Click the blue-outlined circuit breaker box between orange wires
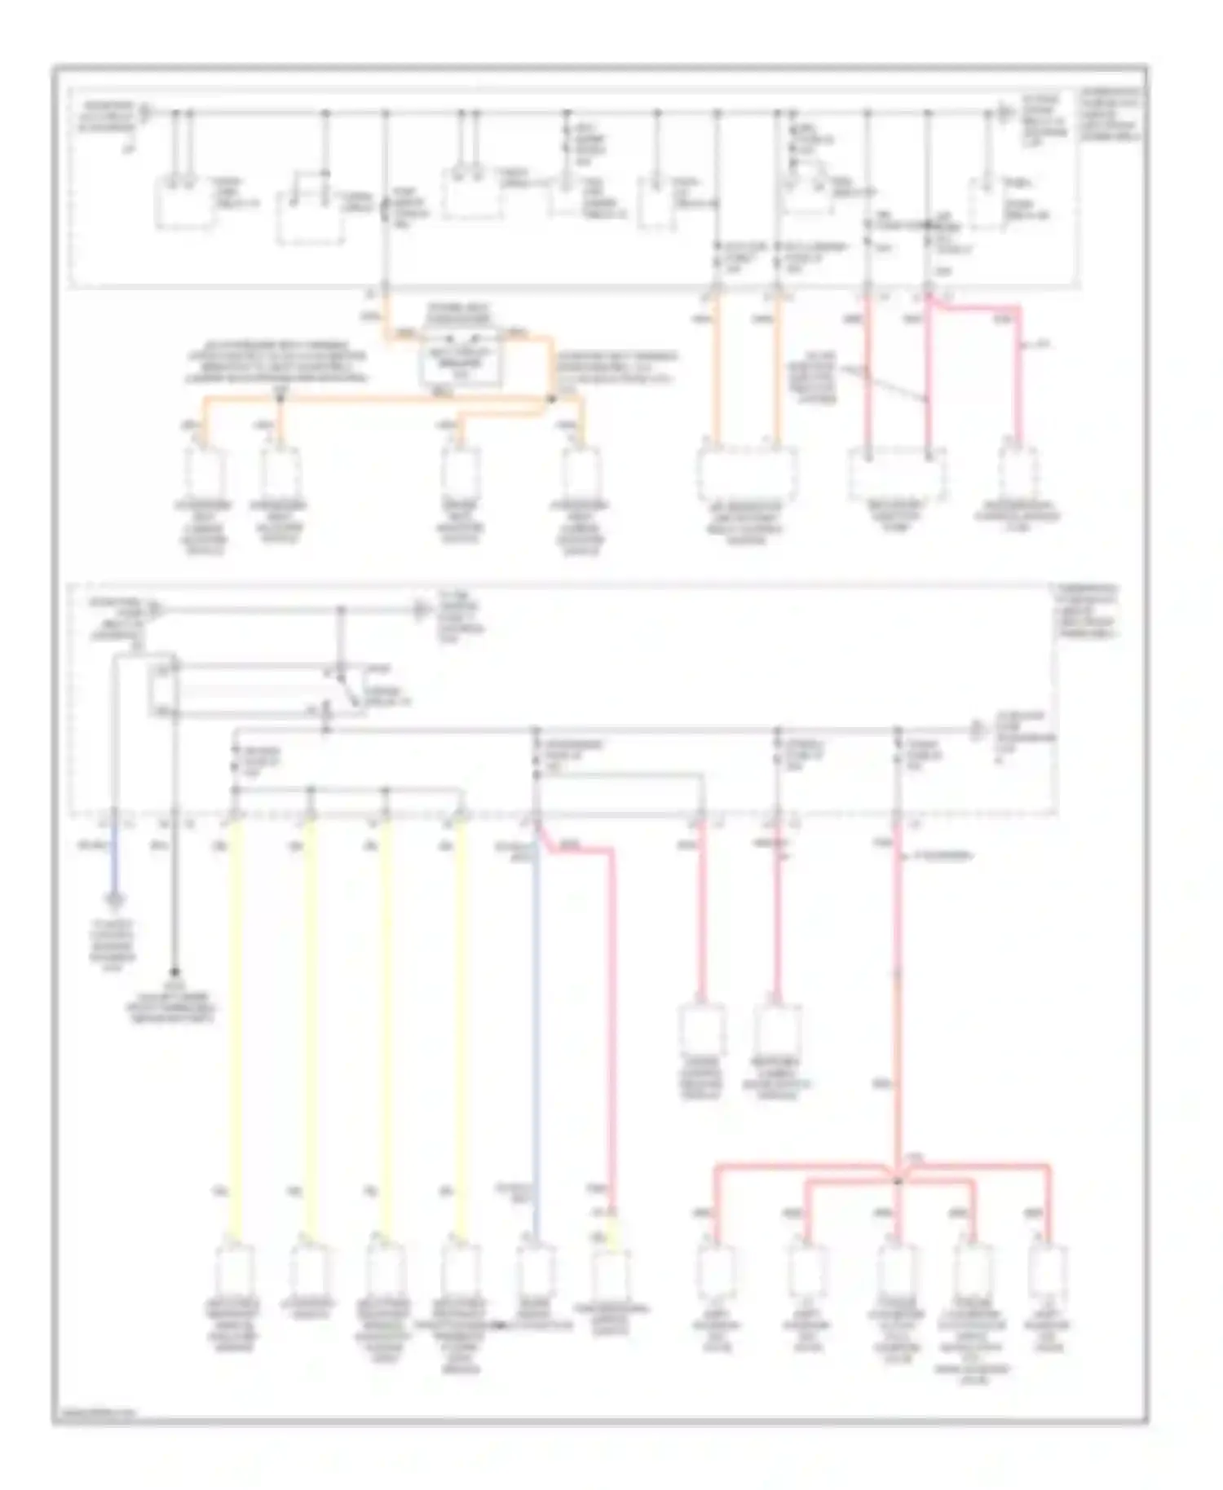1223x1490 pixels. [461, 359]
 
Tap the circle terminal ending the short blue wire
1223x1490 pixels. [116, 900]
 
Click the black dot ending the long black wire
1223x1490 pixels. [174, 972]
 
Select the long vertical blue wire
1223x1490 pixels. [536, 1027]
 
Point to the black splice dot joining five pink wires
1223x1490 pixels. [898, 1179]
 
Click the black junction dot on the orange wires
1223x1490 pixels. [550, 399]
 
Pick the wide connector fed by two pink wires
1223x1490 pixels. [897, 473]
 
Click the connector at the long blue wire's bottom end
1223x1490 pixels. [536, 1272]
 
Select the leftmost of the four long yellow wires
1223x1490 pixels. [236, 1027]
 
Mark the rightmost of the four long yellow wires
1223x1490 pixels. [462, 1027]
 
